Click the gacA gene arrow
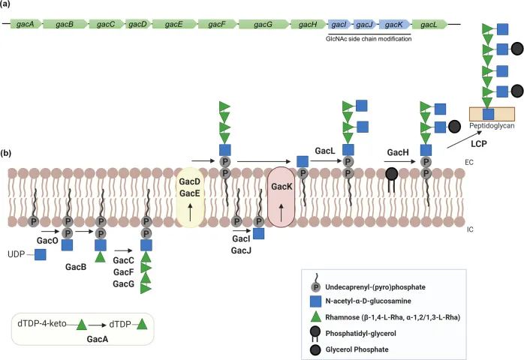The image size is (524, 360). point(26,25)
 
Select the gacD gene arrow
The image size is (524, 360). point(137,25)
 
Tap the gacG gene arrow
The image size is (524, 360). point(264,25)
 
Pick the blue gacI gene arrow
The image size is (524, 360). point(338,25)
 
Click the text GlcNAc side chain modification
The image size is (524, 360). point(370,38)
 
